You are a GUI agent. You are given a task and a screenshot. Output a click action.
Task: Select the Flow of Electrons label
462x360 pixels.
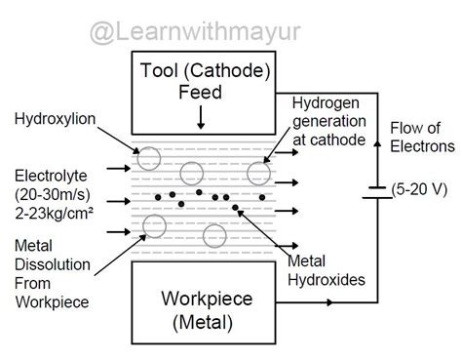(x=421, y=138)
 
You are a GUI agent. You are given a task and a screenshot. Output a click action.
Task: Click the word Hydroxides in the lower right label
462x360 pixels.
(x=328, y=280)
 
